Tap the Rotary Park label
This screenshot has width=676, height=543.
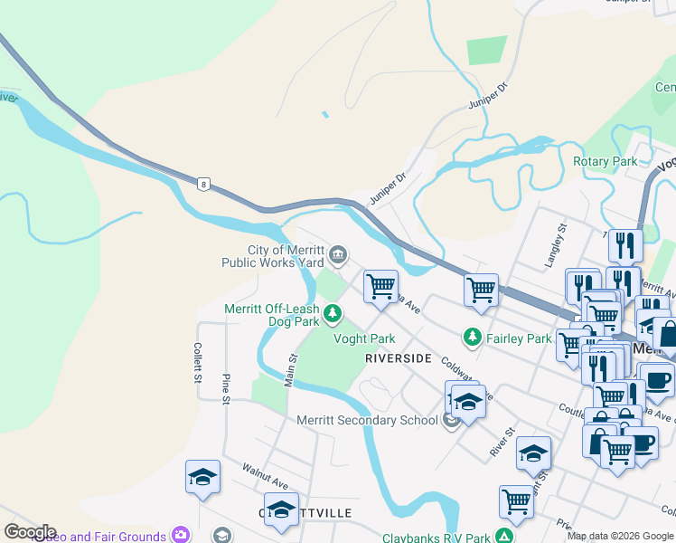(x=605, y=161)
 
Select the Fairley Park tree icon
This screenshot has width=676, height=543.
(x=471, y=338)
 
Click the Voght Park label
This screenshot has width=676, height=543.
(x=364, y=338)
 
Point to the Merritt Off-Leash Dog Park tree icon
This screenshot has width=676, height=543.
(x=333, y=314)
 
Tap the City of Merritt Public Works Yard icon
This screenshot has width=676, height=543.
(x=338, y=255)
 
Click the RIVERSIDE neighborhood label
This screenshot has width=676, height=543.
(x=399, y=358)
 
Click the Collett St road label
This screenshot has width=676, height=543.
(x=197, y=363)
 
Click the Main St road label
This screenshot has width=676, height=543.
(x=291, y=370)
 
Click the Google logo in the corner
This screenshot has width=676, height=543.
(x=30, y=532)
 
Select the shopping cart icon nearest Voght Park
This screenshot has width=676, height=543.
(x=381, y=286)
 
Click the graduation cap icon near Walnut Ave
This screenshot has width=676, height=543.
(x=202, y=477)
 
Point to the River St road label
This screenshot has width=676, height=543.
(x=502, y=443)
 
